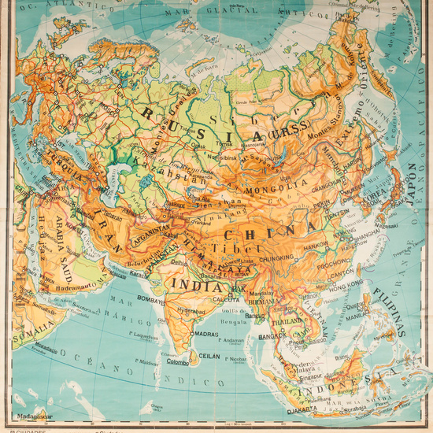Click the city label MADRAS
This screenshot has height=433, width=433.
click(206, 333)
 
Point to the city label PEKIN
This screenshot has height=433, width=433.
click(321, 203)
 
